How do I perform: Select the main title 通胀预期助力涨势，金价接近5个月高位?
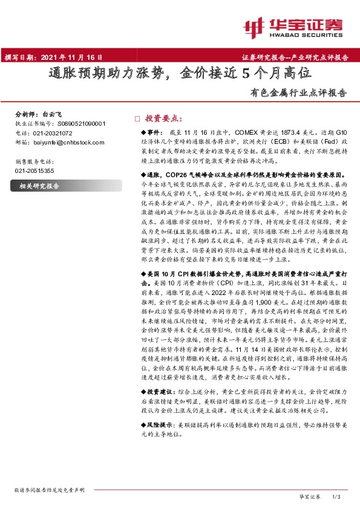pyautogui.click(x=180, y=74)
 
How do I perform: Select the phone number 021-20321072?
pyautogui.click(x=53, y=133)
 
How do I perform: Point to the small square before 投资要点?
pyautogui.click(x=137, y=119)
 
